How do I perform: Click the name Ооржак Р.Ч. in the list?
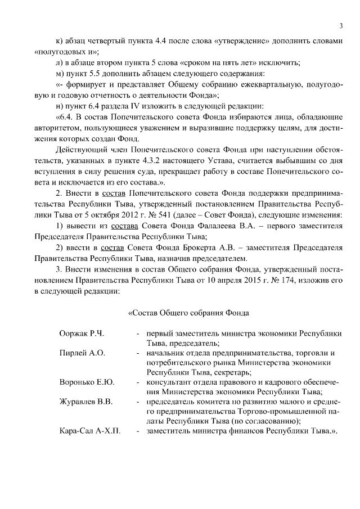[x=82, y=334]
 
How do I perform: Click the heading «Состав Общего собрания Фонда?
[x=188, y=312]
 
